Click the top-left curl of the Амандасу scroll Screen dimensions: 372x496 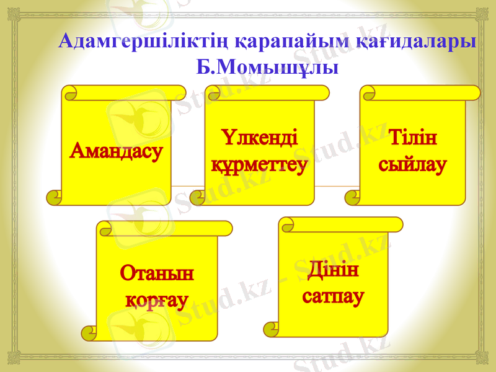click(71, 94)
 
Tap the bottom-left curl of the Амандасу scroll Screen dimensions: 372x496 click(54, 198)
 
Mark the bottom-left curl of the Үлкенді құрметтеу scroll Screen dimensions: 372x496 click(197, 198)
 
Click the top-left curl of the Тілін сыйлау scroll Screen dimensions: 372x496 click(368, 94)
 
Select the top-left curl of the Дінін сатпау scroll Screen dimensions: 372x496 click(287, 225)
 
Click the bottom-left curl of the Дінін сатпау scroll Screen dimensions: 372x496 click(271, 329)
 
